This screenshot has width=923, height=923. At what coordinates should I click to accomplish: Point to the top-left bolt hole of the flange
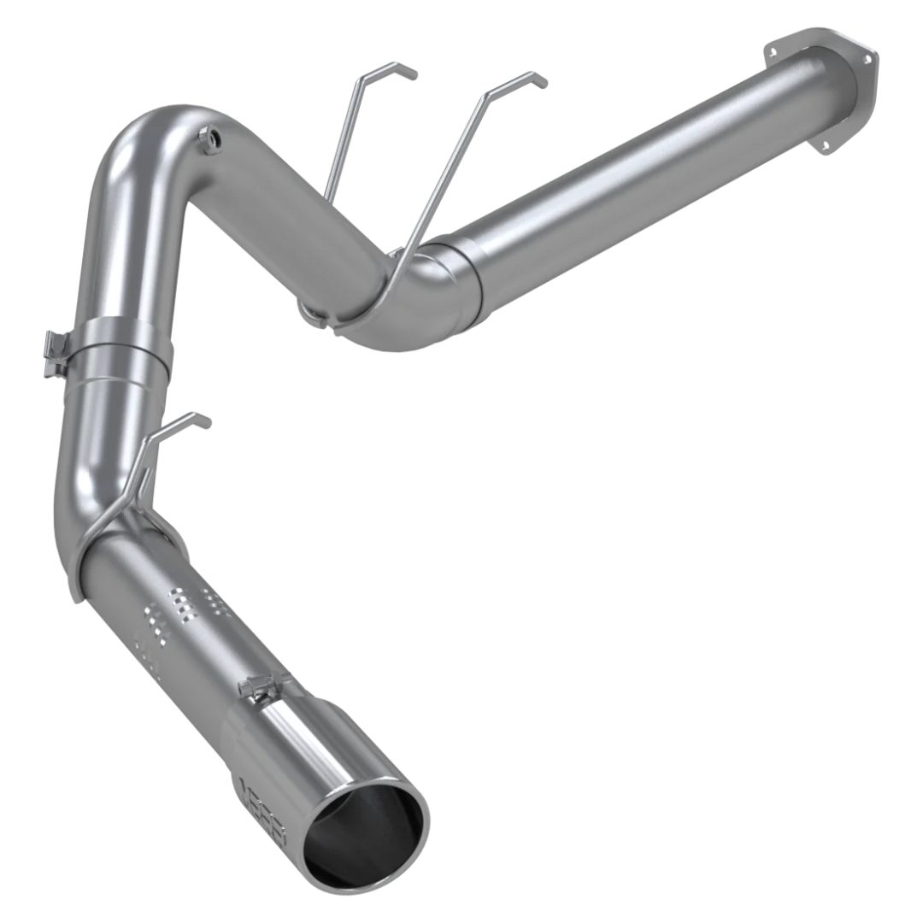tap(773, 51)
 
